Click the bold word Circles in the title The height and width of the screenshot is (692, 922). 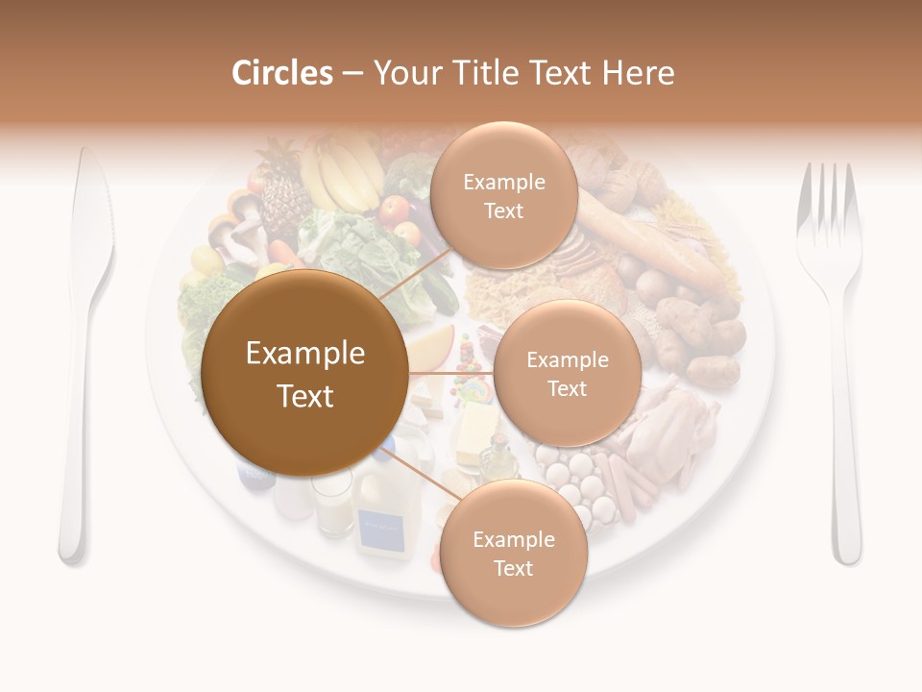click(281, 73)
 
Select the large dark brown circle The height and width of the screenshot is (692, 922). click(305, 374)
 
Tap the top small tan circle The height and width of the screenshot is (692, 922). click(503, 196)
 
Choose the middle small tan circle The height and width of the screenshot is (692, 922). click(567, 374)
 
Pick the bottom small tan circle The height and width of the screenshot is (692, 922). click(513, 553)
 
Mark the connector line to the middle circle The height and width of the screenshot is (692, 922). click(450, 373)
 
